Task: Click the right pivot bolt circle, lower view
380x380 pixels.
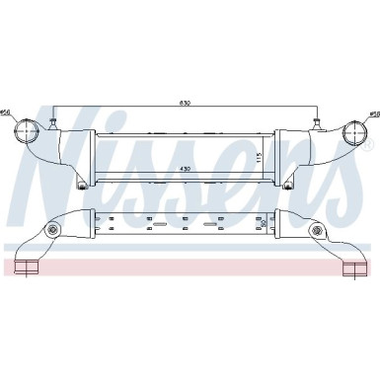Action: click(x=316, y=232)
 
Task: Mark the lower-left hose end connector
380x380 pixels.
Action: click(x=28, y=267)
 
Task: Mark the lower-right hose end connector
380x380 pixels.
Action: click(x=352, y=267)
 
